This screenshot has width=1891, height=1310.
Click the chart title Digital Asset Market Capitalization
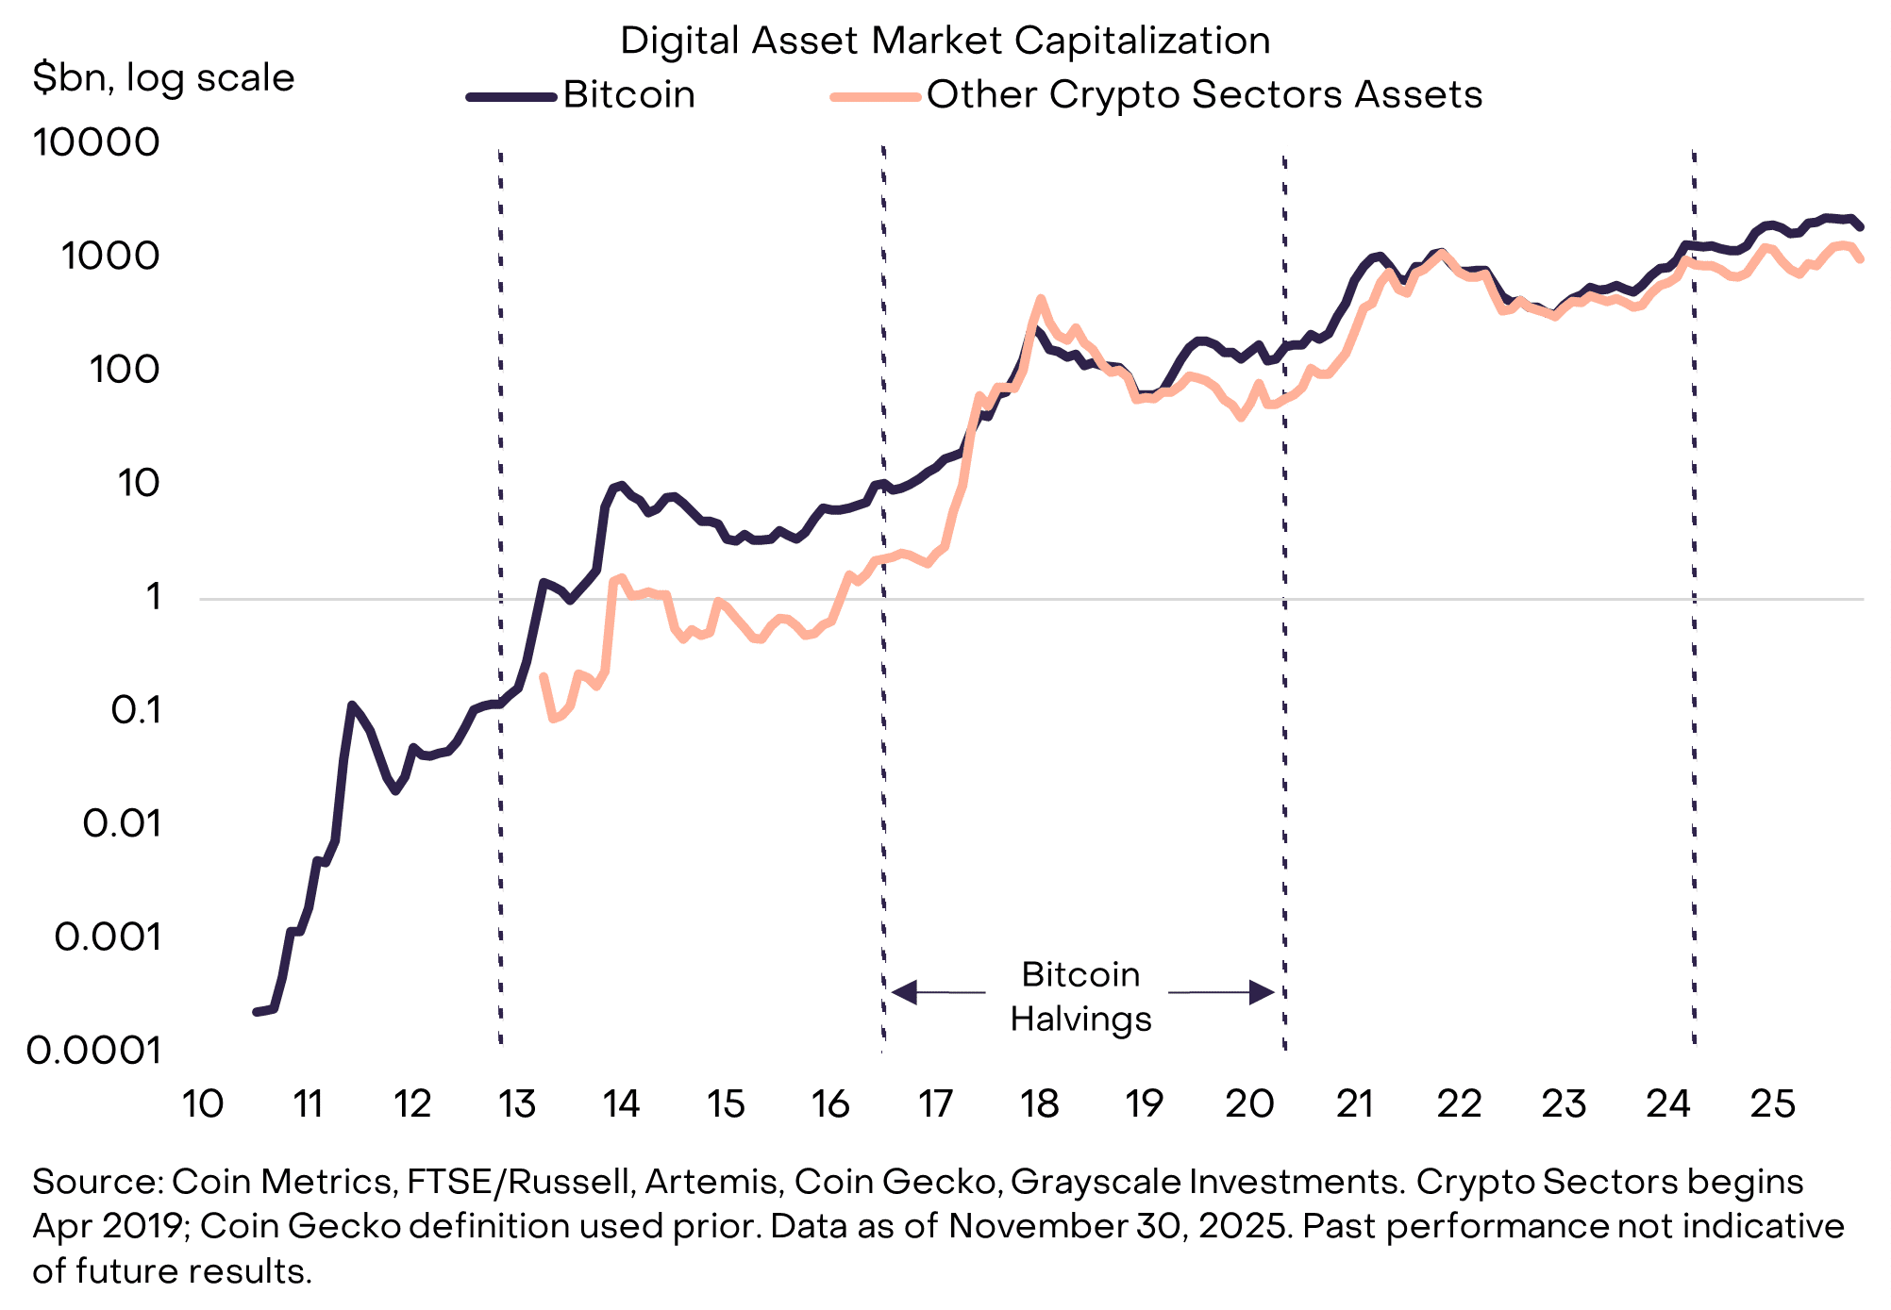click(x=945, y=41)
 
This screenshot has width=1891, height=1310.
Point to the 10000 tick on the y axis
click(x=96, y=142)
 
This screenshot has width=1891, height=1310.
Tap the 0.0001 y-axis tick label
click(x=94, y=1050)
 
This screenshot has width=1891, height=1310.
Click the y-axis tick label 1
click(x=153, y=596)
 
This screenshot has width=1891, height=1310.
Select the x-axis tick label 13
click(x=516, y=1103)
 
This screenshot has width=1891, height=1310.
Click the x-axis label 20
click(x=1249, y=1103)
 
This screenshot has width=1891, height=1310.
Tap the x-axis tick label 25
click(x=1772, y=1103)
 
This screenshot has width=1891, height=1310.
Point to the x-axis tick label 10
click(x=202, y=1103)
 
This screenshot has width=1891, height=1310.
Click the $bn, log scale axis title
click(x=163, y=77)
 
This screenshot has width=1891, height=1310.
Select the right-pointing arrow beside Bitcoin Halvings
click(x=1261, y=992)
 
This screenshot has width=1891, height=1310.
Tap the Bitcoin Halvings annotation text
click(x=1080, y=996)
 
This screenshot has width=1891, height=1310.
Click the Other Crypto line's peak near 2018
click(x=1040, y=299)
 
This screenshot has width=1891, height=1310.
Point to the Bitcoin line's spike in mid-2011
click(x=351, y=705)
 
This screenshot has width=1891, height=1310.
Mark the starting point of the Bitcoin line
click(x=256, y=1012)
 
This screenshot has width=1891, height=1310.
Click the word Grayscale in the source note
click(x=1096, y=1182)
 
